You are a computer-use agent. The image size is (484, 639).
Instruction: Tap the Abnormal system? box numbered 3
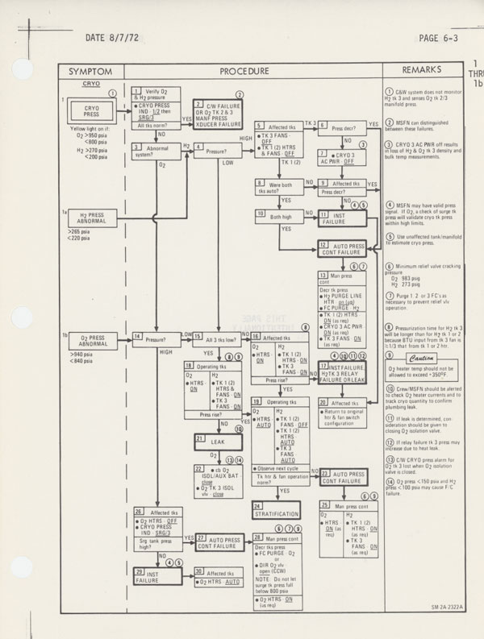151,151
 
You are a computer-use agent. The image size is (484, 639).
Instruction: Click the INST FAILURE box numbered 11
339,218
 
